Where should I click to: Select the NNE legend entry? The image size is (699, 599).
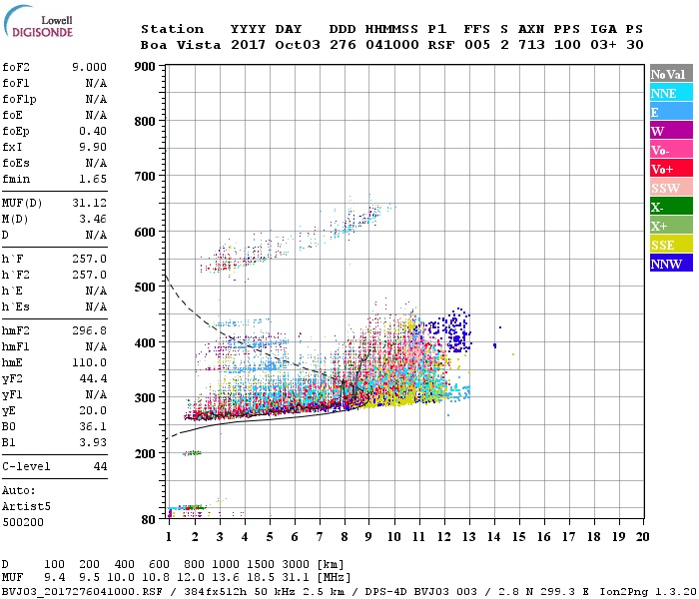[x=669, y=93]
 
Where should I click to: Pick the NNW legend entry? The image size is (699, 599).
[x=669, y=264]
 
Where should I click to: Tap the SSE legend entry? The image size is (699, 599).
[x=669, y=245]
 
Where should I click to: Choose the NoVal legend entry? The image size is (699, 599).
[x=669, y=74]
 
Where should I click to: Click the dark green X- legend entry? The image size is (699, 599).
[x=669, y=207]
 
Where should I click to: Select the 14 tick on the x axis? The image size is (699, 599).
[x=493, y=537]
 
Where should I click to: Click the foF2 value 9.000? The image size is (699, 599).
[x=89, y=68]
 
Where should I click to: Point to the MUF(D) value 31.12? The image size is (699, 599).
[x=89, y=203]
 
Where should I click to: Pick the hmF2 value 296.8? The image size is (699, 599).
[x=89, y=330]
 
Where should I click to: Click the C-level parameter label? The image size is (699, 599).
[x=26, y=466]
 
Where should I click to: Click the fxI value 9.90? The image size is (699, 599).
[x=92, y=146]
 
